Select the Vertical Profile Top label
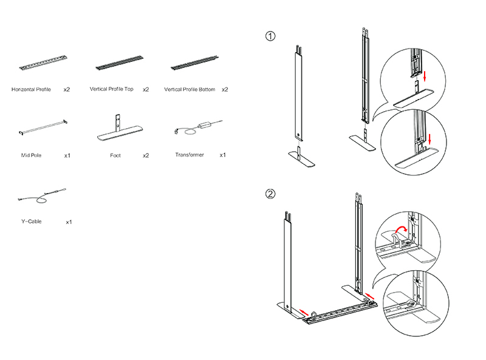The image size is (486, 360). click(112, 89)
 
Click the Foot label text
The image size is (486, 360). click(115, 155)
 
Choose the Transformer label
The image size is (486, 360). click(190, 155)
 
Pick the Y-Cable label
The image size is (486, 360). click(31, 222)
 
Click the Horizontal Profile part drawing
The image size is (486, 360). click(40, 62)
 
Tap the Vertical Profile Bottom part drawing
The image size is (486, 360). click(193, 62)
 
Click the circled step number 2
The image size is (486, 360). click(270, 194)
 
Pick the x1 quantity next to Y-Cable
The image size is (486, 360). click(69, 222)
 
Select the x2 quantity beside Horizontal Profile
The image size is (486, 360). click(66, 89)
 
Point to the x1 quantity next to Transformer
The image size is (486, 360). click(222, 155)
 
